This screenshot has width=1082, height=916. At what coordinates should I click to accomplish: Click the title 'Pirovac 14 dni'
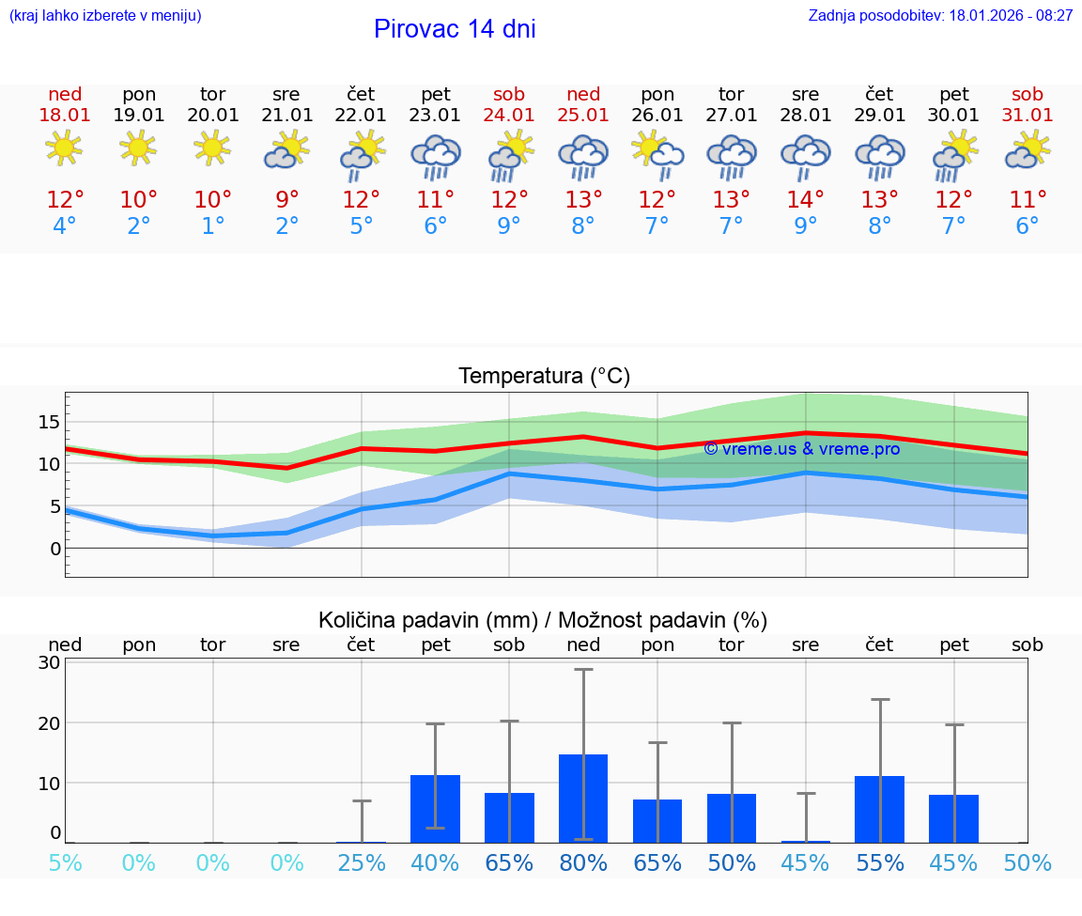[455, 29]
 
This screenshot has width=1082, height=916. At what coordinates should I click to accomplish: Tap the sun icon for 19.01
[138, 148]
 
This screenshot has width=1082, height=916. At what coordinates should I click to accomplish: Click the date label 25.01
[583, 116]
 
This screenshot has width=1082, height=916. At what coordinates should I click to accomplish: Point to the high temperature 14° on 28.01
[805, 200]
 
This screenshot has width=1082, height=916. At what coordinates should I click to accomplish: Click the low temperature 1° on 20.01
[213, 226]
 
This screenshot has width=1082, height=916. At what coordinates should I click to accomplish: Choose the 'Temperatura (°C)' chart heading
[544, 377]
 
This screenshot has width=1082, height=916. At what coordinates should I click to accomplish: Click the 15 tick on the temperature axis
[49, 422]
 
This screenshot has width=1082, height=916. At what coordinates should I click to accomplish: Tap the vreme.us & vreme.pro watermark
[801, 449]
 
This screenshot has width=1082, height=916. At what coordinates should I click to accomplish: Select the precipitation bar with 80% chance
[583, 798]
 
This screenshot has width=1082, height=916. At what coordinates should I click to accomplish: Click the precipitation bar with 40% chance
[435, 808]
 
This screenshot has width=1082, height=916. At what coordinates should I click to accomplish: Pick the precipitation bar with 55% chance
[879, 809]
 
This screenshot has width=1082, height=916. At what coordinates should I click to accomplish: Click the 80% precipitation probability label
[583, 863]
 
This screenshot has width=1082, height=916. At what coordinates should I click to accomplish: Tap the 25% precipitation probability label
[362, 863]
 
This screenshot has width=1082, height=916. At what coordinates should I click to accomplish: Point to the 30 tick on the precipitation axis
[49, 662]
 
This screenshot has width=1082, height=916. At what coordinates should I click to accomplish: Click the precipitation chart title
[543, 620]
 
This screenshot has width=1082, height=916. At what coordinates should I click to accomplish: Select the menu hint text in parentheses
[105, 16]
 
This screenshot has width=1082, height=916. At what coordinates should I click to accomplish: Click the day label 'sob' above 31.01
[1028, 94]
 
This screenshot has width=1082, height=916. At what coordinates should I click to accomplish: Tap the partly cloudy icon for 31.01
[1027, 150]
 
